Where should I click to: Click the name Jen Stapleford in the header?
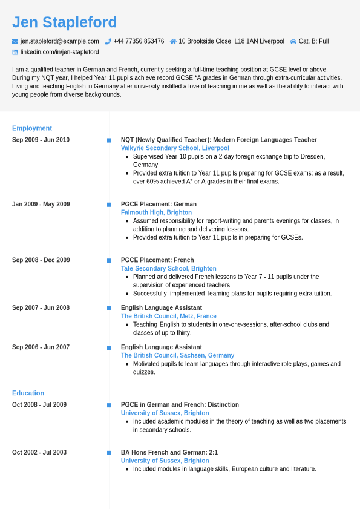(x=65, y=22)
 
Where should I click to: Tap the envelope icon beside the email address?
(x=15, y=41)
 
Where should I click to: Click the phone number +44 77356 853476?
(x=139, y=41)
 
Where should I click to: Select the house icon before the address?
(x=173, y=41)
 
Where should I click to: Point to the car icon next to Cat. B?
(x=293, y=41)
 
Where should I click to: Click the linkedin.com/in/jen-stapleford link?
(x=59, y=52)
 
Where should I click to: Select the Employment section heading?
(x=32, y=128)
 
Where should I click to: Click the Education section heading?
(x=28, y=393)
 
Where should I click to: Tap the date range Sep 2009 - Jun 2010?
(x=41, y=140)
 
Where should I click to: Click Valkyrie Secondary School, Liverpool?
(x=175, y=148)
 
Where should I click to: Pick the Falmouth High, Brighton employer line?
(x=156, y=212)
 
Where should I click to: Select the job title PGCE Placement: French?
(x=157, y=260)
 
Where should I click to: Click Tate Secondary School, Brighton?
(x=168, y=269)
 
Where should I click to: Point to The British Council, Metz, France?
(x=168, y=316)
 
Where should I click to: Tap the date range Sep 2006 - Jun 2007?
(x=41, y=347)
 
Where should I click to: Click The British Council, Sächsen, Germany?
(x=177, y=355)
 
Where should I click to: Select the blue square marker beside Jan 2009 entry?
(x=110, y=205)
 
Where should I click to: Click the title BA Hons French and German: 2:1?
(x=169, y=452)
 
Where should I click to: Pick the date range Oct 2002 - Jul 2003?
(x=39, y=452)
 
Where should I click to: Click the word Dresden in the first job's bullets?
(x=314, y=156)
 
